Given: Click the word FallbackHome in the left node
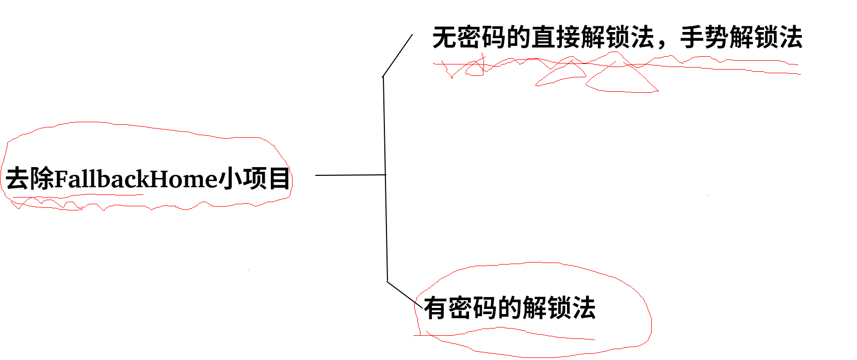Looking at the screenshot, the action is coord(136,179).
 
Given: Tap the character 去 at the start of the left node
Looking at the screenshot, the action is coord(17,179).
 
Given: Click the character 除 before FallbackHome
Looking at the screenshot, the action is coord(41,179).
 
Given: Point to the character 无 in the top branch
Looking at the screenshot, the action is coord(444,38).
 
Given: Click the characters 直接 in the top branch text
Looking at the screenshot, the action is coord(556,38).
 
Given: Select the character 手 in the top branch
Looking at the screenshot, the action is coord(692,38).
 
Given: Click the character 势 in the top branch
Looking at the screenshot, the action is coord(717,38).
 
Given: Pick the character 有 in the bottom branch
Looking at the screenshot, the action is coord(436,308).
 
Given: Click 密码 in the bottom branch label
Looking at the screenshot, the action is coord(473,308).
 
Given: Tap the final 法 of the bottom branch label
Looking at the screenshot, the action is coord(584,308).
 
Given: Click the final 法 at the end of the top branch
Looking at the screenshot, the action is coord(790,38).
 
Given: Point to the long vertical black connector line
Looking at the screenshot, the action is coord(385,175).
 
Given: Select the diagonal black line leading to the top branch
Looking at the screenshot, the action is coord(397,56).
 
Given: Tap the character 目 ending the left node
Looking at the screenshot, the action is coord(279,178).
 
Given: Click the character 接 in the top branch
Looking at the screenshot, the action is coord(568,38).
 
